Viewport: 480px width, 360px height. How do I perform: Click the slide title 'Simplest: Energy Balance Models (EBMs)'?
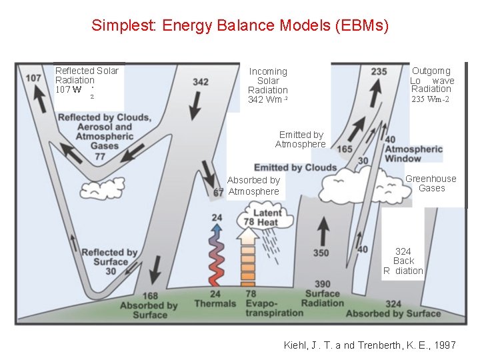pos(240,26)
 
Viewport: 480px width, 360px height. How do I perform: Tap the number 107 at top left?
pos(33,78)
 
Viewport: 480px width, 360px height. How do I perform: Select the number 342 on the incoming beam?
pos(200,82)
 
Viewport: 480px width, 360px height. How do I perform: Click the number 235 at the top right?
pos(378,71)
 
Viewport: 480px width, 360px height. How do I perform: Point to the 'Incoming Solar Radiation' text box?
pos(268,85)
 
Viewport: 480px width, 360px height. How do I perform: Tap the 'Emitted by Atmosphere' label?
pos(301,139)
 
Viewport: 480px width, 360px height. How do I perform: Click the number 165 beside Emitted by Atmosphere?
pos(345,149)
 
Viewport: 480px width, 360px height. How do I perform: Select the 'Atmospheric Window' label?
pos(413,154)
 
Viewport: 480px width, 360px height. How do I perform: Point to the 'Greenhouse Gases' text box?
pos(431,183)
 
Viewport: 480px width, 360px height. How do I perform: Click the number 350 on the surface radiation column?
pos(321,253)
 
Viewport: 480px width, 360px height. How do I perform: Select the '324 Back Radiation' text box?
pos(403,261)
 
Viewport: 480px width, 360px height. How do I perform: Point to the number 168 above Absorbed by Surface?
pos(150,296)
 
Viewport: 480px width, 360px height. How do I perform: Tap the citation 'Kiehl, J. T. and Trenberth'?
pos(370,345)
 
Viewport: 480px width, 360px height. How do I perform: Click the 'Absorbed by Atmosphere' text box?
pos(253,186)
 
